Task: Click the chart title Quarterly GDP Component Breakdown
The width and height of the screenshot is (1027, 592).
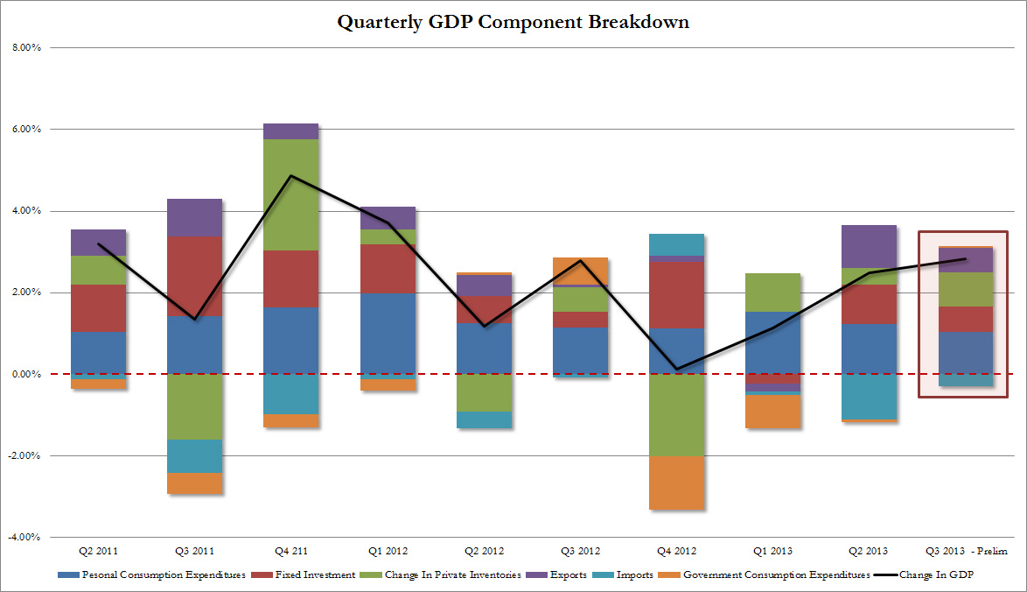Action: tap(513, 22)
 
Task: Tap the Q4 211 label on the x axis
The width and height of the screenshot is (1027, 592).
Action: tap(290, 551)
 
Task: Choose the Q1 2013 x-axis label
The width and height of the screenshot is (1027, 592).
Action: tap(773, 551)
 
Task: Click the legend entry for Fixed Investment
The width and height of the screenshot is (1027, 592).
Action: tap(301, 575)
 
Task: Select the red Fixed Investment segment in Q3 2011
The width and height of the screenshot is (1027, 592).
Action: tap(195, 276)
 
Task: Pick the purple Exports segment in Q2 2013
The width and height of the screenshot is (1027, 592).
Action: tap(870, 246)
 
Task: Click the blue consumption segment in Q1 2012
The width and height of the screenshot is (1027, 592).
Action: tap(388, 334)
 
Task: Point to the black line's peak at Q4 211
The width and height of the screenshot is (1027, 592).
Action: tap(291, 176)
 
